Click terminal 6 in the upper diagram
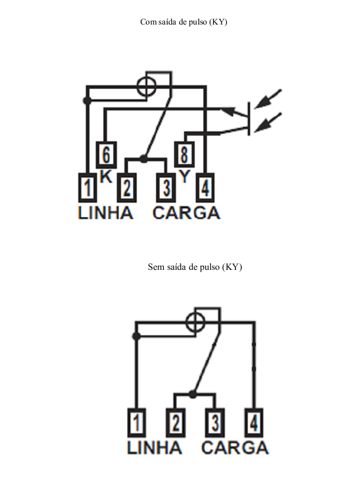pyautogui.click(x=106, y=155)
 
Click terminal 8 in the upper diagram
pyautogui.click(x=184, y=154)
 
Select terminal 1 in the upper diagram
pyautogui.click(x=88, y=187)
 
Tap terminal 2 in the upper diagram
pyautogui.click(x=127, y=187)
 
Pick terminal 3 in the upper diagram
pyautogui.click(x=166, y=187)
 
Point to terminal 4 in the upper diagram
pyautogui.click(x=205, y=187)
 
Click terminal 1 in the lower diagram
pyautogui.click(x=137, y=423)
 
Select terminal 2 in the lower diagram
pyautogui.click(x=176, y=423)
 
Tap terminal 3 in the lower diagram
pyautogui.click(x=215, y=423)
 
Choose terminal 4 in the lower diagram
pyautogui.click(x=254, y=423)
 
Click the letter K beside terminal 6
pyautogui.click(x=106, y=177)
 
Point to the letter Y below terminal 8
pyautogui.click(x=184, y=176)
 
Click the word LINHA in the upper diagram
pyautogui.click(x=106, y=213)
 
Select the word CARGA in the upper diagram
pyautogui.click(x=186, y=213)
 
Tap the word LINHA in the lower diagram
pyautogui.click(x=154, y=447)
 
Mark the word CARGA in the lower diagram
pyautogui.click(x=235, y=447)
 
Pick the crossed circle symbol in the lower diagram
pyautogui.click(x=196, y=321)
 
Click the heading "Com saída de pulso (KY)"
pyautogui.click(x=184, y=22)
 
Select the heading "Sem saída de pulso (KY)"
pyautogui.click(x=195, y=267)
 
